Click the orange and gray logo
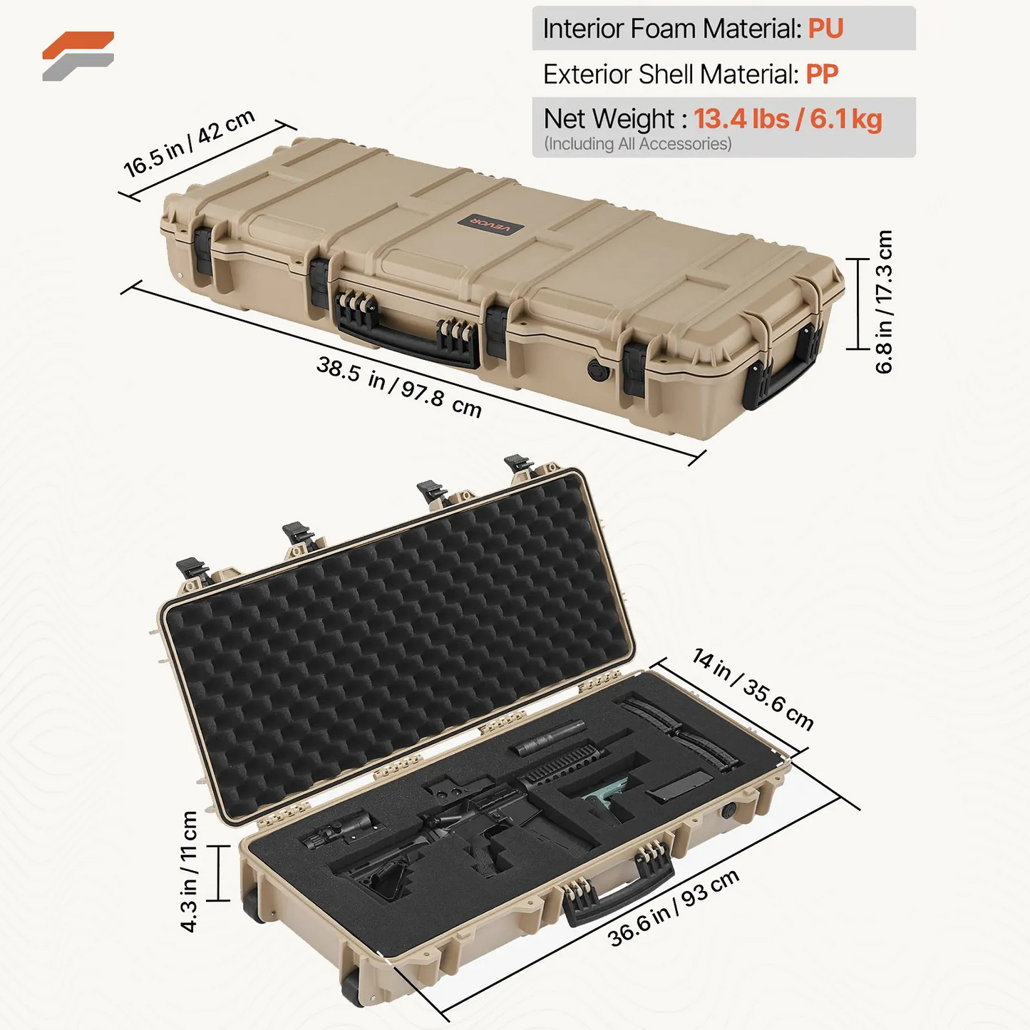tap(78, 56)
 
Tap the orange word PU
tap(825, 29)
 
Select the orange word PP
tap(822, 74)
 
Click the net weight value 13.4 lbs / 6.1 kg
tap(788, 119)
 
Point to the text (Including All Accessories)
tap(637, 144)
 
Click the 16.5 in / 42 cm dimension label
tap(190, 143)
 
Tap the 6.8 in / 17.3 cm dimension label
tap(884, 302)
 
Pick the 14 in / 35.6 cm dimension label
tap(753, 689)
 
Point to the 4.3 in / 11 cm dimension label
tap(189, 871)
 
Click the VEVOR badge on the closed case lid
tap(490, 226)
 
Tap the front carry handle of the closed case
tap(406, 335)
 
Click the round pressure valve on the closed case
tap(596, 369)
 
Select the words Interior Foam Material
tap(672, 29)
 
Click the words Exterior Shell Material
tap(671, 74)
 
